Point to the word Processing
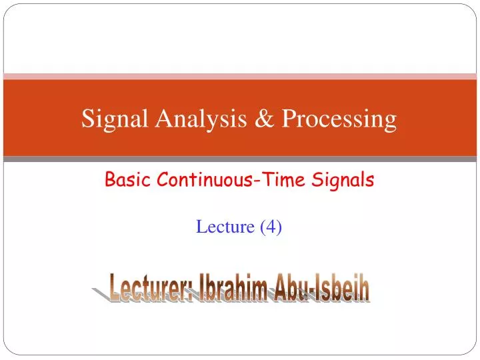(339, 120)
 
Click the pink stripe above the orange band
(240, 77)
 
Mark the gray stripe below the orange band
(240, 159)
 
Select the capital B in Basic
(111, 179)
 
